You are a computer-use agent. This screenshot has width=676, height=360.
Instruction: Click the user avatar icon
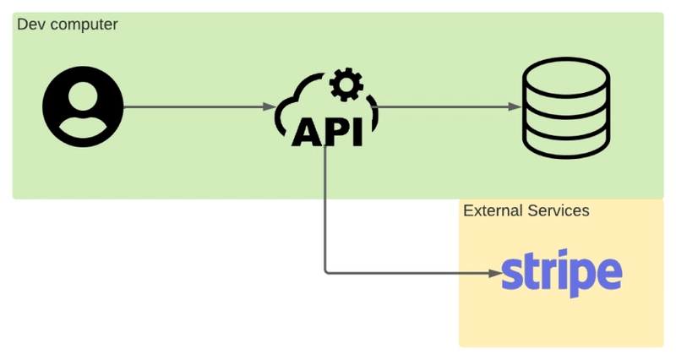[x=83, y=106]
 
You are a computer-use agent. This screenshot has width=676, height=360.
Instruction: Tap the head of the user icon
[x=83, y=96]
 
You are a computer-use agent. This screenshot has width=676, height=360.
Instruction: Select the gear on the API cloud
[x=346, y=85]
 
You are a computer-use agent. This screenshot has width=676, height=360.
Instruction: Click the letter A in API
[x=307, y=132]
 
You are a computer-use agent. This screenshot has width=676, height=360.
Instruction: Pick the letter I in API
[x=357, y=132]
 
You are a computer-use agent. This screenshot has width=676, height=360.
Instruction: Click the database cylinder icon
[x=566, y=108]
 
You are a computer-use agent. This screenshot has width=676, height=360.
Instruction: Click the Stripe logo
[x=562, y=273]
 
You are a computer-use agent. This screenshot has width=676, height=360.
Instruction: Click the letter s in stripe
[x=511, y=273]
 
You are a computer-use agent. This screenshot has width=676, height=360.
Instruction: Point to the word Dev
[x=30, y=25]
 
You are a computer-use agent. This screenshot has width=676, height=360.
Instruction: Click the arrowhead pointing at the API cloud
[x=270, y=106]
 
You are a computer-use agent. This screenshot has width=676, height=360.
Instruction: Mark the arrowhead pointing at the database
[x=515, y=106]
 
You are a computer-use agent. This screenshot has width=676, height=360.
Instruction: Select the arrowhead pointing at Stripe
[x=496, y=273]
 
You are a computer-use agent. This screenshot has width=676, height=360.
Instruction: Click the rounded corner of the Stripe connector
[x=327, y=271]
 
